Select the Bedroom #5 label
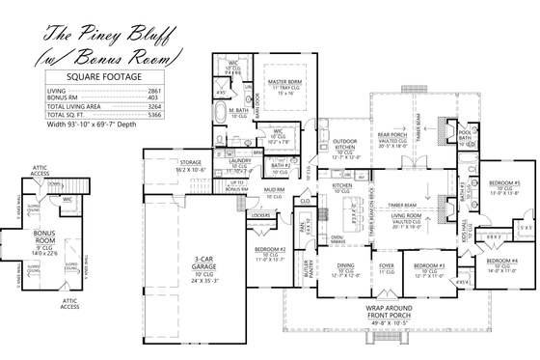(x=503, y=182)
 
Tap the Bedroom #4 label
(x=502, y=261)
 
